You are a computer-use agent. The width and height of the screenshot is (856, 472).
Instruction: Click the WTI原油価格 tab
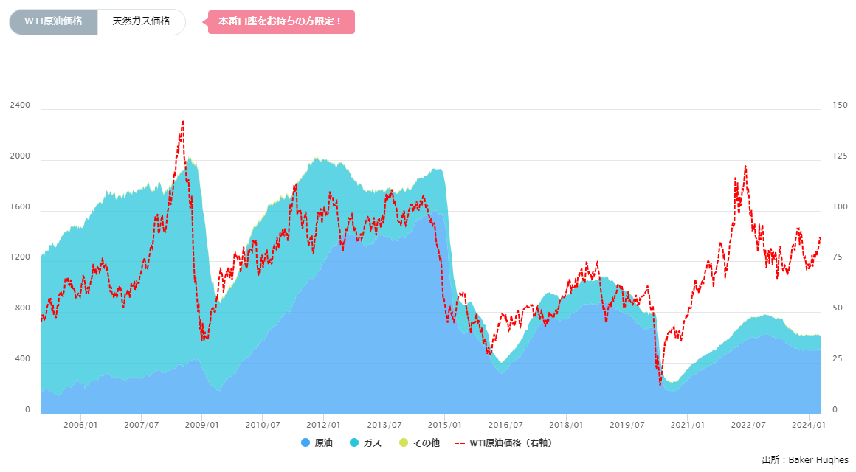[x=53, y=21]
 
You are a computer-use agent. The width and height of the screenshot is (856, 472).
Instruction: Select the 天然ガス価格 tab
[x=141, y=21]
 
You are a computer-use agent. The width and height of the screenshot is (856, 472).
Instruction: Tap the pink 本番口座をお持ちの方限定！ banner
[x=281, y=21]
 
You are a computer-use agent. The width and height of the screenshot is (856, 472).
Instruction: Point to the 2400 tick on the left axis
[x=20, y=105]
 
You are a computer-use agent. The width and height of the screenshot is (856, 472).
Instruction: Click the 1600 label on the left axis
[x=20, y=207]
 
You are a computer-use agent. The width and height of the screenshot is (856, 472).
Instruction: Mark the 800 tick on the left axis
[x=22, y=308]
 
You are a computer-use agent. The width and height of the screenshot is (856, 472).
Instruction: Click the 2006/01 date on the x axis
[x=80, y=425]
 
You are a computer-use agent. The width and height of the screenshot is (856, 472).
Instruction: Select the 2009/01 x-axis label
[x=201, y=425]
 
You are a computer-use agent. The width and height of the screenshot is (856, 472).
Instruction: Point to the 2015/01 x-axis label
[x=444, y=425]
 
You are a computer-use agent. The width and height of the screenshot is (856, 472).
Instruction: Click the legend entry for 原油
[x=317, y=443]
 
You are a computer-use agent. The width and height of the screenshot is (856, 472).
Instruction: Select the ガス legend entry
[x=366, y=443]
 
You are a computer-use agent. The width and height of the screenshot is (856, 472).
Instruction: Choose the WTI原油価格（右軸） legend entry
[x=504, y=443]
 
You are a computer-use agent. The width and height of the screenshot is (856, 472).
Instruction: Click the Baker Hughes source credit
[x=804, y=459]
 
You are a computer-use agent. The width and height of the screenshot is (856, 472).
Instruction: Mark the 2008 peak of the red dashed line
[x=182, y=122]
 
